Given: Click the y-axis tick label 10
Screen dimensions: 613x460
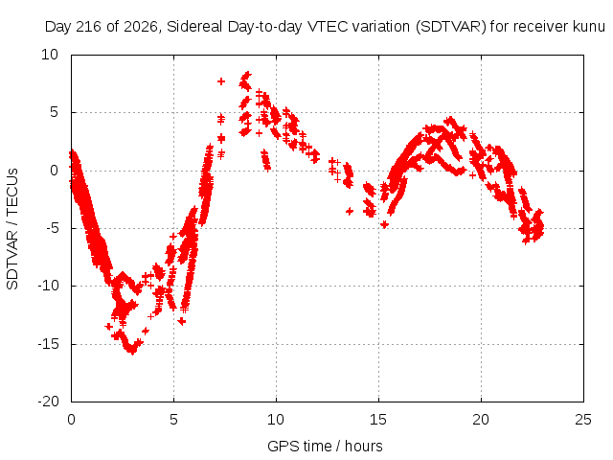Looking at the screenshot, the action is [x=50, y=55].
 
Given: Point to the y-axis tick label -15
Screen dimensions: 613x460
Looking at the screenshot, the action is [x=48, y=344].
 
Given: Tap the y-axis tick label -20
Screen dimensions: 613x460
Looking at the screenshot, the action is [x=48, y=402].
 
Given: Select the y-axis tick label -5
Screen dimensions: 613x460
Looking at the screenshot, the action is [x=52, y=228].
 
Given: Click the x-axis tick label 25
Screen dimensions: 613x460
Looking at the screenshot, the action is [x=583, y=420].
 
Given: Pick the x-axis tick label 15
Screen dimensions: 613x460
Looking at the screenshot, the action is [x=378, y=420].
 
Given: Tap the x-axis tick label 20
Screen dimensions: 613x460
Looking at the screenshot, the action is [x=481, y=420].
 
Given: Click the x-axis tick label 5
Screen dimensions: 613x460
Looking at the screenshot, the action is [x=173, y=420].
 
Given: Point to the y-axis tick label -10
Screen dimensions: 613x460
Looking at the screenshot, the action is [x=48, y=286].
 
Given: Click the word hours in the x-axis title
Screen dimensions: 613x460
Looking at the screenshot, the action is [x=364, y=447].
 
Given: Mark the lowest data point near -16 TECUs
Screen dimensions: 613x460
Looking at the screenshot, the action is [x=133, y=352].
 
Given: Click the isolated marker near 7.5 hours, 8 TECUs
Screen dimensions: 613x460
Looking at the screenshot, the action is [x=221, y=81].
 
